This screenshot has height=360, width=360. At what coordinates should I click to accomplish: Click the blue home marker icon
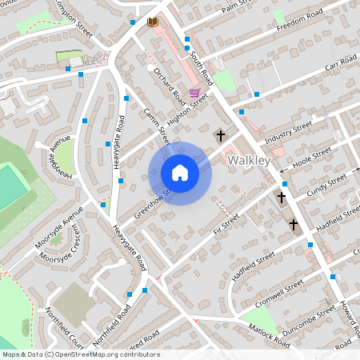tap(179, 173)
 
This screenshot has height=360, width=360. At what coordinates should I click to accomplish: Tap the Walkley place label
tap(251, 161)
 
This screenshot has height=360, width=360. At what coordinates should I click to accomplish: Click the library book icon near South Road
tap(152, 22)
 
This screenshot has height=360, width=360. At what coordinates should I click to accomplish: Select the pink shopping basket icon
tap(194, 94)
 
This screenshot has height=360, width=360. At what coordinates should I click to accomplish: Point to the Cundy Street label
tap(327, 182)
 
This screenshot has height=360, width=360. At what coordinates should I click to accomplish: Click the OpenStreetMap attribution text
tap(81, 354)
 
